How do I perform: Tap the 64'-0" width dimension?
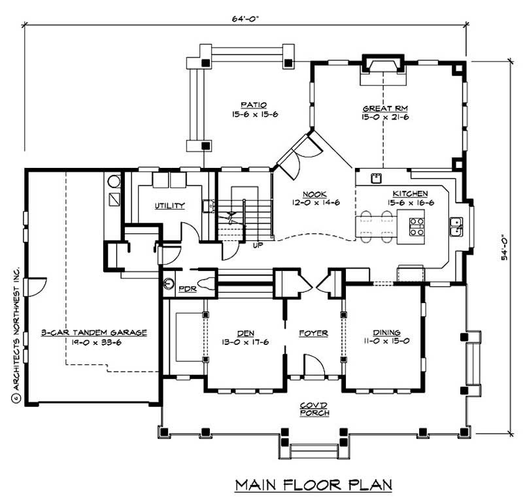point(245,18)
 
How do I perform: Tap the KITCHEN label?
point(410,194)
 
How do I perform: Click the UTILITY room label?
point(169,206)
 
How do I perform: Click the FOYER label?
point(313,333)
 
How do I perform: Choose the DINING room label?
point(386,333)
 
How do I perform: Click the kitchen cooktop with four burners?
point(416,227)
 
